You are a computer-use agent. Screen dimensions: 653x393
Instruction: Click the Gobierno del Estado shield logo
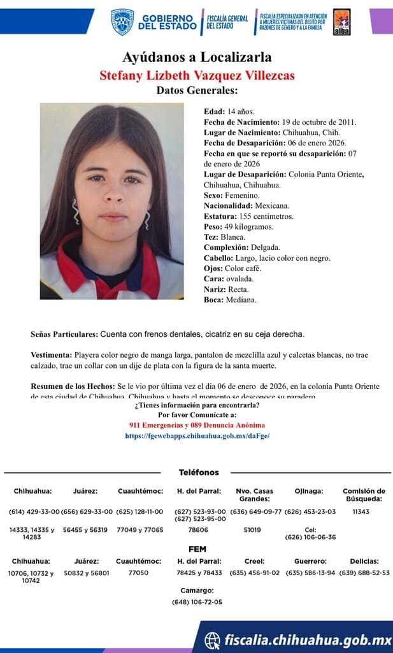pyautogui.click(x=122, y=22)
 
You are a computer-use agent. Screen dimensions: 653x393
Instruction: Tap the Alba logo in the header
pyautogui.click(x=341, y=22)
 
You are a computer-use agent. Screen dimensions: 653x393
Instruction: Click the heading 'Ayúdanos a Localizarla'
pyautogui.click(x=197, y=57)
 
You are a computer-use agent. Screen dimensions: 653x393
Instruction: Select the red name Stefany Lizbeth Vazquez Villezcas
pyautogui.click(x=197, y=75)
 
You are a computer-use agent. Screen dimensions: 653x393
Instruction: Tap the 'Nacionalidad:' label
pyautogui.click(x=228, y=206)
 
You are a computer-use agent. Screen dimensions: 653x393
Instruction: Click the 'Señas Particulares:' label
pyautogui.click(x=64, y=334)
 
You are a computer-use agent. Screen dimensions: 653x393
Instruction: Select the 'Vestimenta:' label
pyautogui.click(x=51, y=354)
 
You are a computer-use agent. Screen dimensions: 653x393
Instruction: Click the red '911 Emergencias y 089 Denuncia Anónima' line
pyautogui.click(x=197, y=425)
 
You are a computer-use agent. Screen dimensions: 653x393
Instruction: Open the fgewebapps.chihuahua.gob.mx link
pyautogui.click(x=197, y=436)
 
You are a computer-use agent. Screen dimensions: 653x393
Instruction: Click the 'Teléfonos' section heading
pyautogui.click(x=199, y=473)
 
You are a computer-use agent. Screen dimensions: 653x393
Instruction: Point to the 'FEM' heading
pyautogui.click(x=197, y=549)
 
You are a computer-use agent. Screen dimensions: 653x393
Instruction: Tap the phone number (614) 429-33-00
pyautogui.click(x=34, y=511)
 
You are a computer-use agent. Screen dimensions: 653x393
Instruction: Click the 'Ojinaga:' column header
pyautogui.click(x=309, y=491)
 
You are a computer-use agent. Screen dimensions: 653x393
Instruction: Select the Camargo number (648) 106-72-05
pyautogui.click(x=197, y=602)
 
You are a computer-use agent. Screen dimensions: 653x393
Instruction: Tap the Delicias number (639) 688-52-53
pyautogui.click(x=364, y=573)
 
